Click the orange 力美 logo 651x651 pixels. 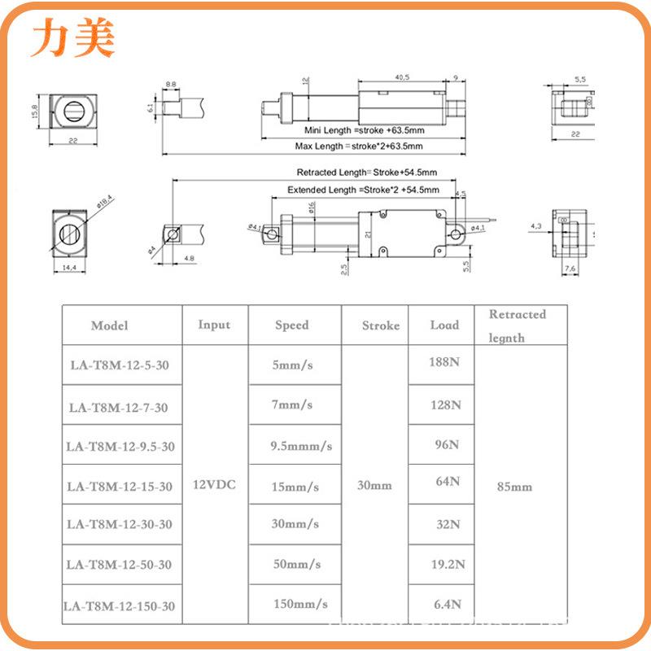(x=73, y=38)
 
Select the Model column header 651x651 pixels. (x=110, y=325)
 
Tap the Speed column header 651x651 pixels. (x=291, y=325)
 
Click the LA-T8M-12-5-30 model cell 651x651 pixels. (x=119, y=365)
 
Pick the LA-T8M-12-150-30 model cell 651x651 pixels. (x=119, y=606)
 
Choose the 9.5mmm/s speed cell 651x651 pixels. (x=301, y=446)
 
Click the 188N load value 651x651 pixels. (x=444, y=361)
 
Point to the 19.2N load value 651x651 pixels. (x=448, y=564)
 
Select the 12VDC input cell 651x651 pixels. (x=214, y=484)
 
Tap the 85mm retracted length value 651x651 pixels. (x=514, y=487)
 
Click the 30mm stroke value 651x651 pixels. (x=374, y=485)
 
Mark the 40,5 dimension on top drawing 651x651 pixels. (x=401, y=77)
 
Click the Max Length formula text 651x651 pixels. (x=359, y=146)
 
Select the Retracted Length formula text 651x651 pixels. (x=366, y=173)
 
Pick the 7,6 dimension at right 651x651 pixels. (x=570, y=269)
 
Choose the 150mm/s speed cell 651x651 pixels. (x=300, y=604)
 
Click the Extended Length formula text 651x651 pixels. (x=363, y=190)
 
